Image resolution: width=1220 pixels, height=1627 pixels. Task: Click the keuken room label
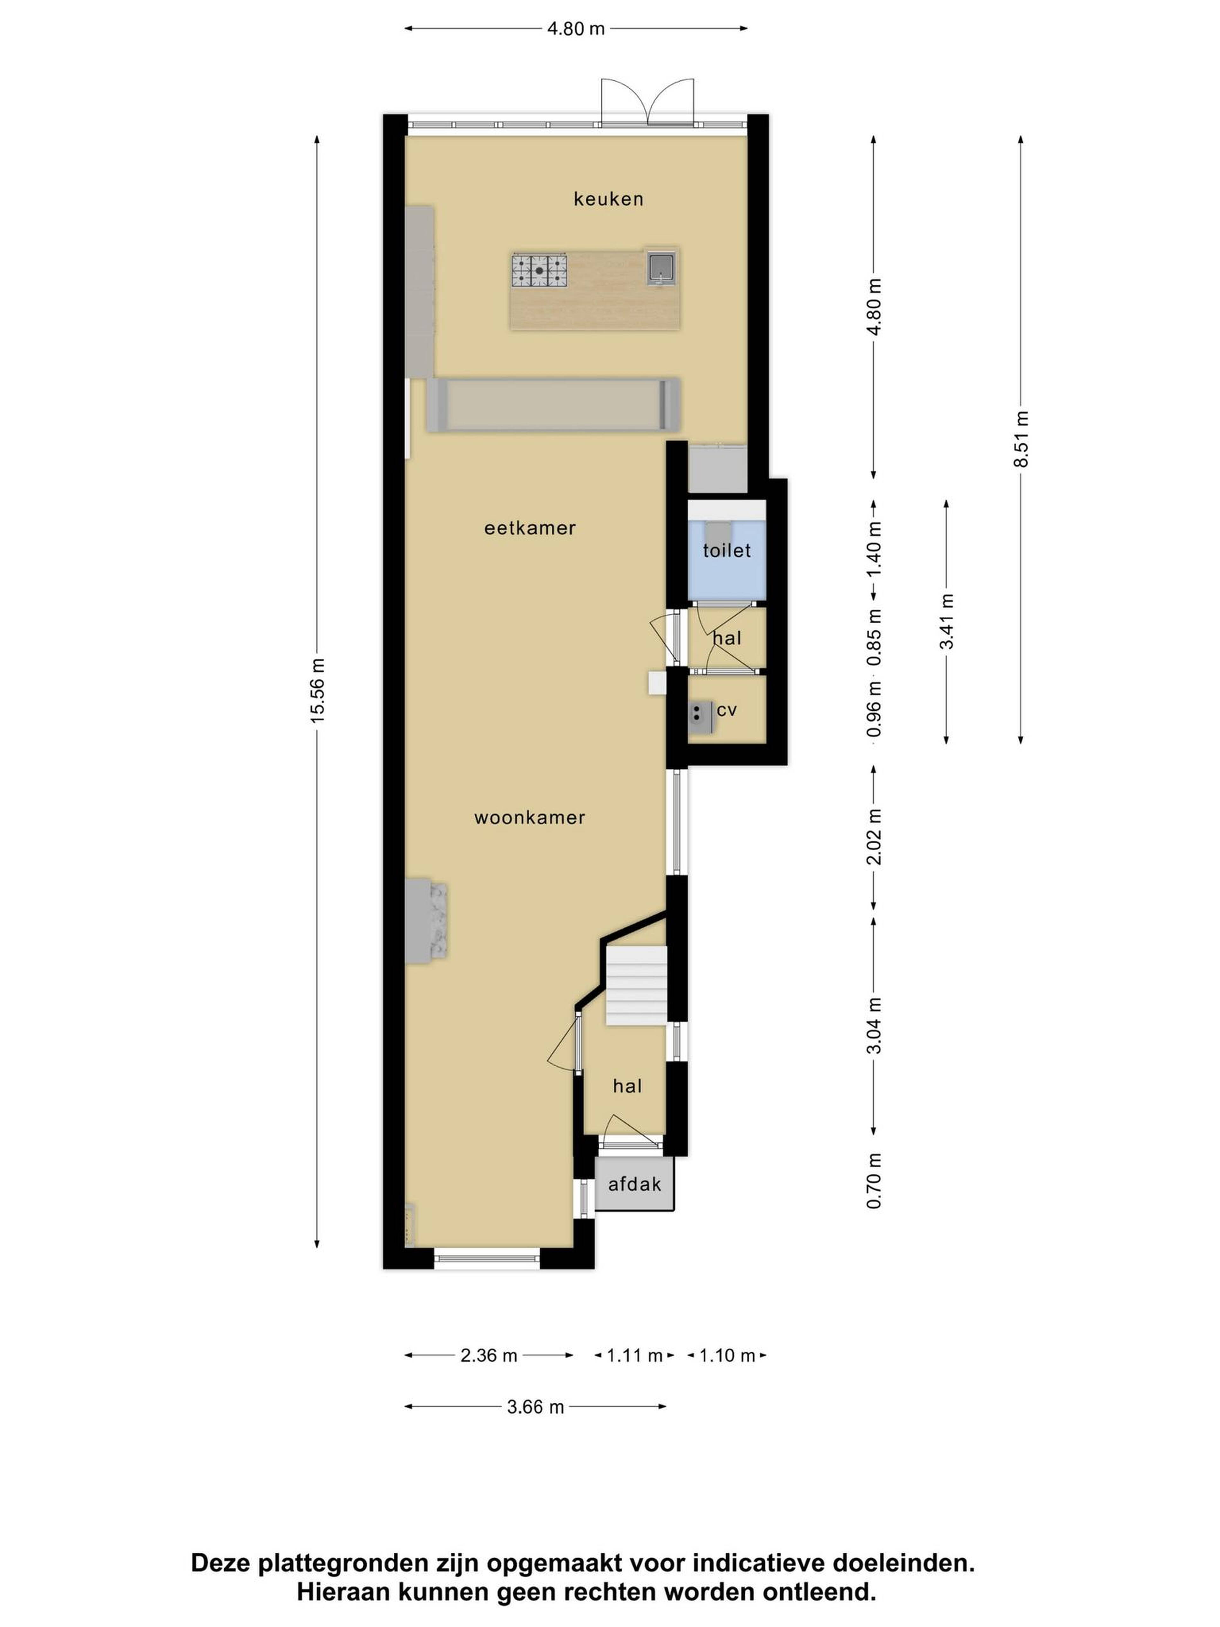point(608,199)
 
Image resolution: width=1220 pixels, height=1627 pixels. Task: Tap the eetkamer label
point(530,528)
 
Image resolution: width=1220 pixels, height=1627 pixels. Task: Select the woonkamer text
point(530,817)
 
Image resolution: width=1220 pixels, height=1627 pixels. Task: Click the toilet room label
point(727,550)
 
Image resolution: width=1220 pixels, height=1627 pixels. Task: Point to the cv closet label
point(727,710)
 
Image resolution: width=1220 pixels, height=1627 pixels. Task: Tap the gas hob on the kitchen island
point(540,270)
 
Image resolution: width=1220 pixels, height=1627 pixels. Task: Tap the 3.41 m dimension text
point(946,622)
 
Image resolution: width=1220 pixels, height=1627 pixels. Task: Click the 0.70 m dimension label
point(874,1181)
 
